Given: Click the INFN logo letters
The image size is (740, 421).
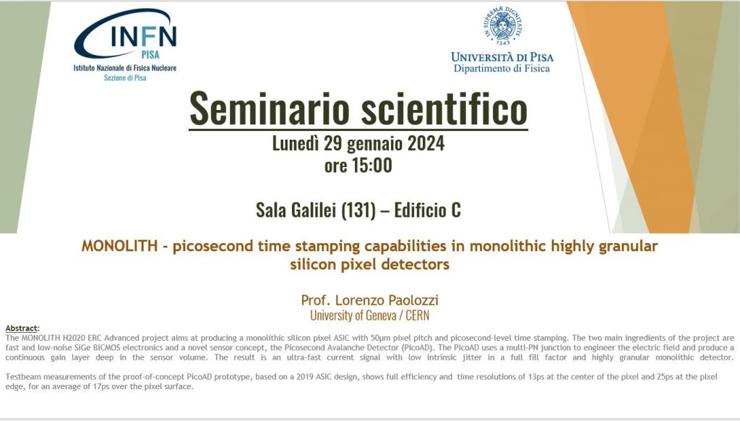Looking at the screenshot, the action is tap(144, 35).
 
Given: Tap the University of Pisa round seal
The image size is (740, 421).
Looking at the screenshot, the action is tap(503, 25).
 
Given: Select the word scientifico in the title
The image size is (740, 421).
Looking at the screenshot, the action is tap(444, 109).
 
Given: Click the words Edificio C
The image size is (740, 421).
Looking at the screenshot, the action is tap(428, 210).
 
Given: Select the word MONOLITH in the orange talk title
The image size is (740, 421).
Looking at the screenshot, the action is tap(119, 246).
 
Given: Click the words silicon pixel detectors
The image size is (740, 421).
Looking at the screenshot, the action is tap(369, 264).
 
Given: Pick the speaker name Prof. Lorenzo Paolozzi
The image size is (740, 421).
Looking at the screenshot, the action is tap(369, 300).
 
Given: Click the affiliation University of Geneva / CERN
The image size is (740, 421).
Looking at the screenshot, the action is tap(369, 315).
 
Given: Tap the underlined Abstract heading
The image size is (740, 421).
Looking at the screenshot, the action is tap(22, 328).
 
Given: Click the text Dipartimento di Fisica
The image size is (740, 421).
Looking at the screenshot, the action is tap(502, 69).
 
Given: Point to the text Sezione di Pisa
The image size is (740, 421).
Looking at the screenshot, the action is tap(125, 78).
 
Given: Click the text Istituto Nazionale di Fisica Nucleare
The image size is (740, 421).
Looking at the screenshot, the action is tap(124, 68).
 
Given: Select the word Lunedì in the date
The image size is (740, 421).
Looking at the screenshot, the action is tap(296, 143).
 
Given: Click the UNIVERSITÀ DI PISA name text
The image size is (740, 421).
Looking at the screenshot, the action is tap(502, 57).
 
